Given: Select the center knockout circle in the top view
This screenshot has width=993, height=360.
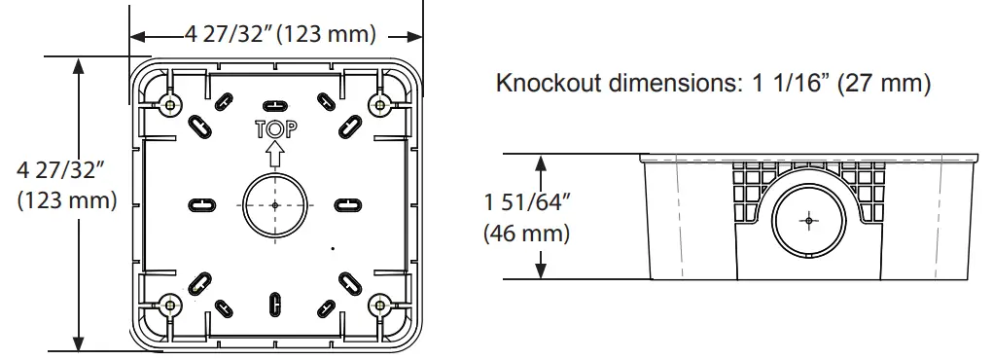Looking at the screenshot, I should click(276, 204).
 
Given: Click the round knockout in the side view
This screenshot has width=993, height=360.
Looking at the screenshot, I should click(806, 221).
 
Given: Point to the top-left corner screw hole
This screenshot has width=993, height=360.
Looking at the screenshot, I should click(171, 104).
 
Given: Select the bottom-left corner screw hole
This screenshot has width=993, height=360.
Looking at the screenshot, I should click(171, 304).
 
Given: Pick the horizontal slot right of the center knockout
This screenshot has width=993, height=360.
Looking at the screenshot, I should click(347, 204).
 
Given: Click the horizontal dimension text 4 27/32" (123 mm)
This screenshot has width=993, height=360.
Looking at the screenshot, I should click(280, 35).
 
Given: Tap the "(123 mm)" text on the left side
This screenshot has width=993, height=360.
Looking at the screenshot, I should click(63, 201).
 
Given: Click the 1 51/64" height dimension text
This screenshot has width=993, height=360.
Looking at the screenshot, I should click(526, 203).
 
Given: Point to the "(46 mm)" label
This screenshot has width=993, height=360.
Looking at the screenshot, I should click(526, 234).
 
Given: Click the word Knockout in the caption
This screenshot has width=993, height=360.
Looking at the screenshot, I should click(549, 84).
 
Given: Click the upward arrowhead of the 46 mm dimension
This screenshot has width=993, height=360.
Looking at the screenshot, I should click(541, 162).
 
